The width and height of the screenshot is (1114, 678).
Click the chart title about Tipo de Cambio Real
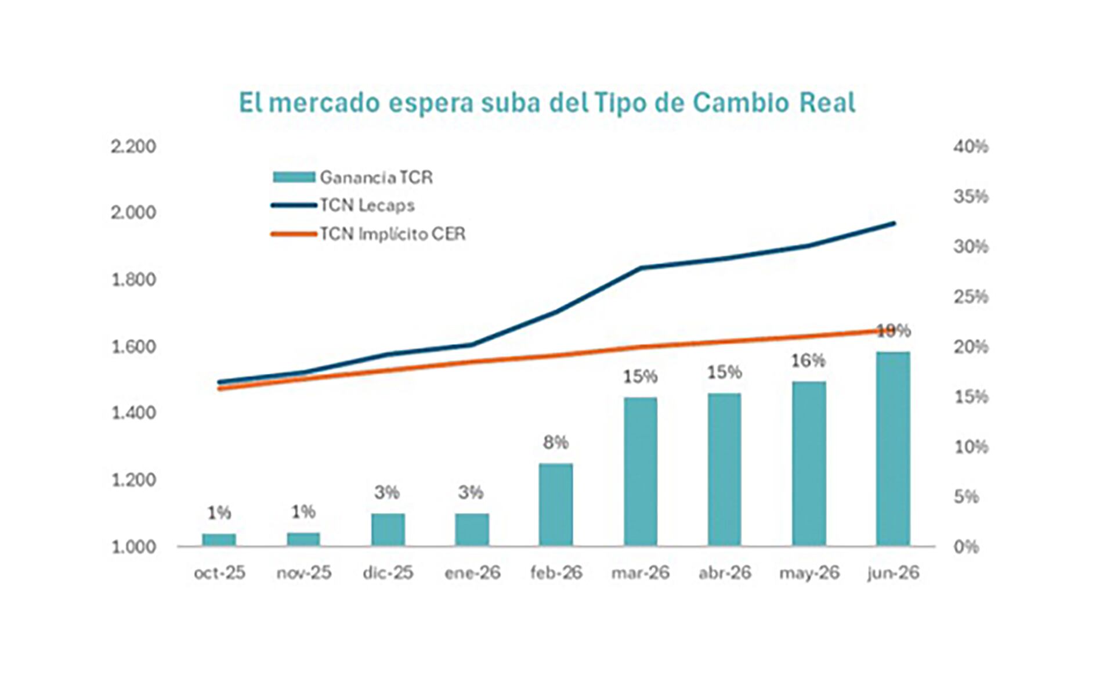547,103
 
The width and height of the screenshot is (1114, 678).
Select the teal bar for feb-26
556,504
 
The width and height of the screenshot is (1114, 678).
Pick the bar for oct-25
219,540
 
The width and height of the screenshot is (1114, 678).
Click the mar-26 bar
641,471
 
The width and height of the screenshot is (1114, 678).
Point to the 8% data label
556,443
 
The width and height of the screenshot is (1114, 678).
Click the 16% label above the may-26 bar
808,361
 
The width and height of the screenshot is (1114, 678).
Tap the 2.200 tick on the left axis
133,146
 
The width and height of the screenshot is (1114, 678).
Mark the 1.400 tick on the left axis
133,413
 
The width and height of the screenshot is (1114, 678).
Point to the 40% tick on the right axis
971,146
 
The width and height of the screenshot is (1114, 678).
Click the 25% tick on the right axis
971,297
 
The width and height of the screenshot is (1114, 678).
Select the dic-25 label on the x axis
388,573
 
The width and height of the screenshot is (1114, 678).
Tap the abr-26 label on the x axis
725,573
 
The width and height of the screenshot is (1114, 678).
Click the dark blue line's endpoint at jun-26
894,223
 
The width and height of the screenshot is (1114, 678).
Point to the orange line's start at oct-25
219,388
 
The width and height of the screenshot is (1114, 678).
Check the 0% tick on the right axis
966,547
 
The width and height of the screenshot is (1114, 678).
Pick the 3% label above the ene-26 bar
471,493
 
